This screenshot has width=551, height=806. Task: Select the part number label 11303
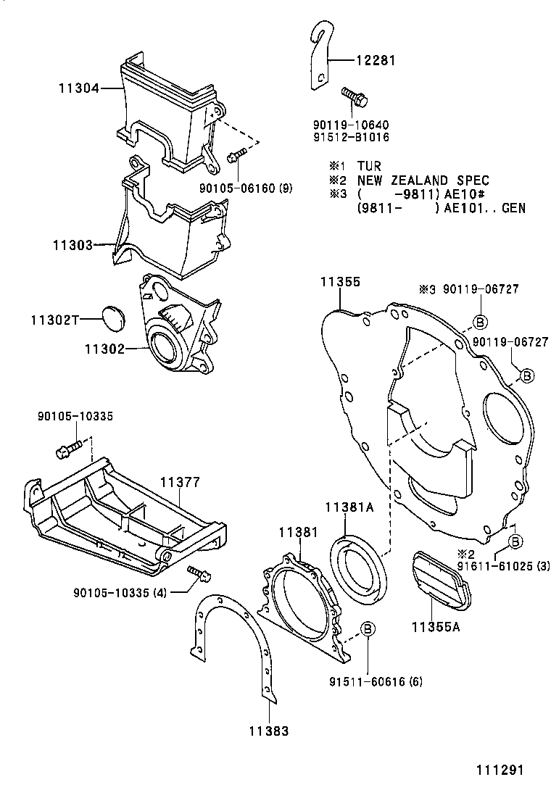pos(72,246)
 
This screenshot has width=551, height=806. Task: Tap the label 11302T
pos(54,319)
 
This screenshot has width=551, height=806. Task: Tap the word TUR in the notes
pos(368,166)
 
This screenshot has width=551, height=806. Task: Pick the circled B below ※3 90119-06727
pos(480,322)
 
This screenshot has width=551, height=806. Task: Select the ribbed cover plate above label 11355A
pos(439,576)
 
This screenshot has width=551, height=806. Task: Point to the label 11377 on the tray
pos(180,481)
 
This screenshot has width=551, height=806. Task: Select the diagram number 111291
pos(499,770)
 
